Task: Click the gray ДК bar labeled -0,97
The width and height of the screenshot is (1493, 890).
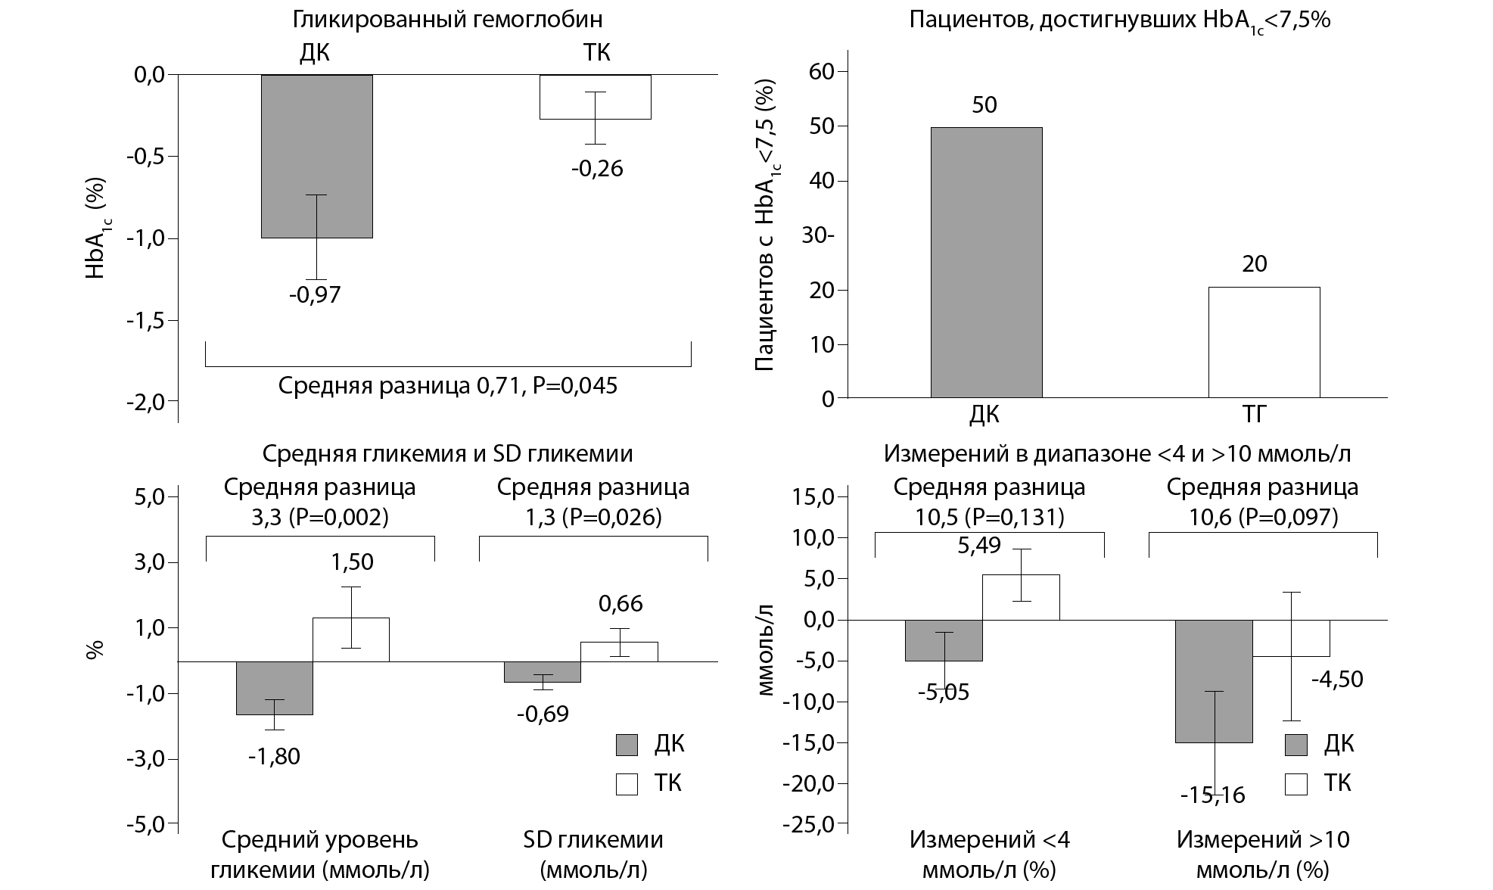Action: click(316, 156)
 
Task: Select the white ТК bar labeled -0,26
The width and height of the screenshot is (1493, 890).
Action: click(595, 97)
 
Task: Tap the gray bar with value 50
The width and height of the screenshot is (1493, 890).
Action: click(985, 262)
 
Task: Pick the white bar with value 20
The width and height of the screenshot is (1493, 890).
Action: click(1264, 342)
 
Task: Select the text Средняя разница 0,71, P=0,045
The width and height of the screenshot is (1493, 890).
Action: click(447, 386)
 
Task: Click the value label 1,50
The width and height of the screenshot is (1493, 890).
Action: click(352, 562)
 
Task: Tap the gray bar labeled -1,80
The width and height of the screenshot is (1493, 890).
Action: click(274, 688)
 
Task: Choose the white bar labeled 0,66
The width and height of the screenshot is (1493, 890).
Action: click(619, 652)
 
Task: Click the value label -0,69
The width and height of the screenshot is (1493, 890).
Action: click(543, 714)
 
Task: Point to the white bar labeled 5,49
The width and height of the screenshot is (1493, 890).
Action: click(1020, 597)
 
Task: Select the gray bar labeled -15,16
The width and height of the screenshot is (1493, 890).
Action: click(1213, 681)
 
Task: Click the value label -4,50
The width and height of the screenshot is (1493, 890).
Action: click(1337, 679)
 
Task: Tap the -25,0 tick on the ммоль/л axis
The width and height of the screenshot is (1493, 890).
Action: click(813, 824)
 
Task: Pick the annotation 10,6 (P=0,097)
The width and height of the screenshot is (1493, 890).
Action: click(1262, 517)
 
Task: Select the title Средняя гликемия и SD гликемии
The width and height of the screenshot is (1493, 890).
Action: click(447, 453)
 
